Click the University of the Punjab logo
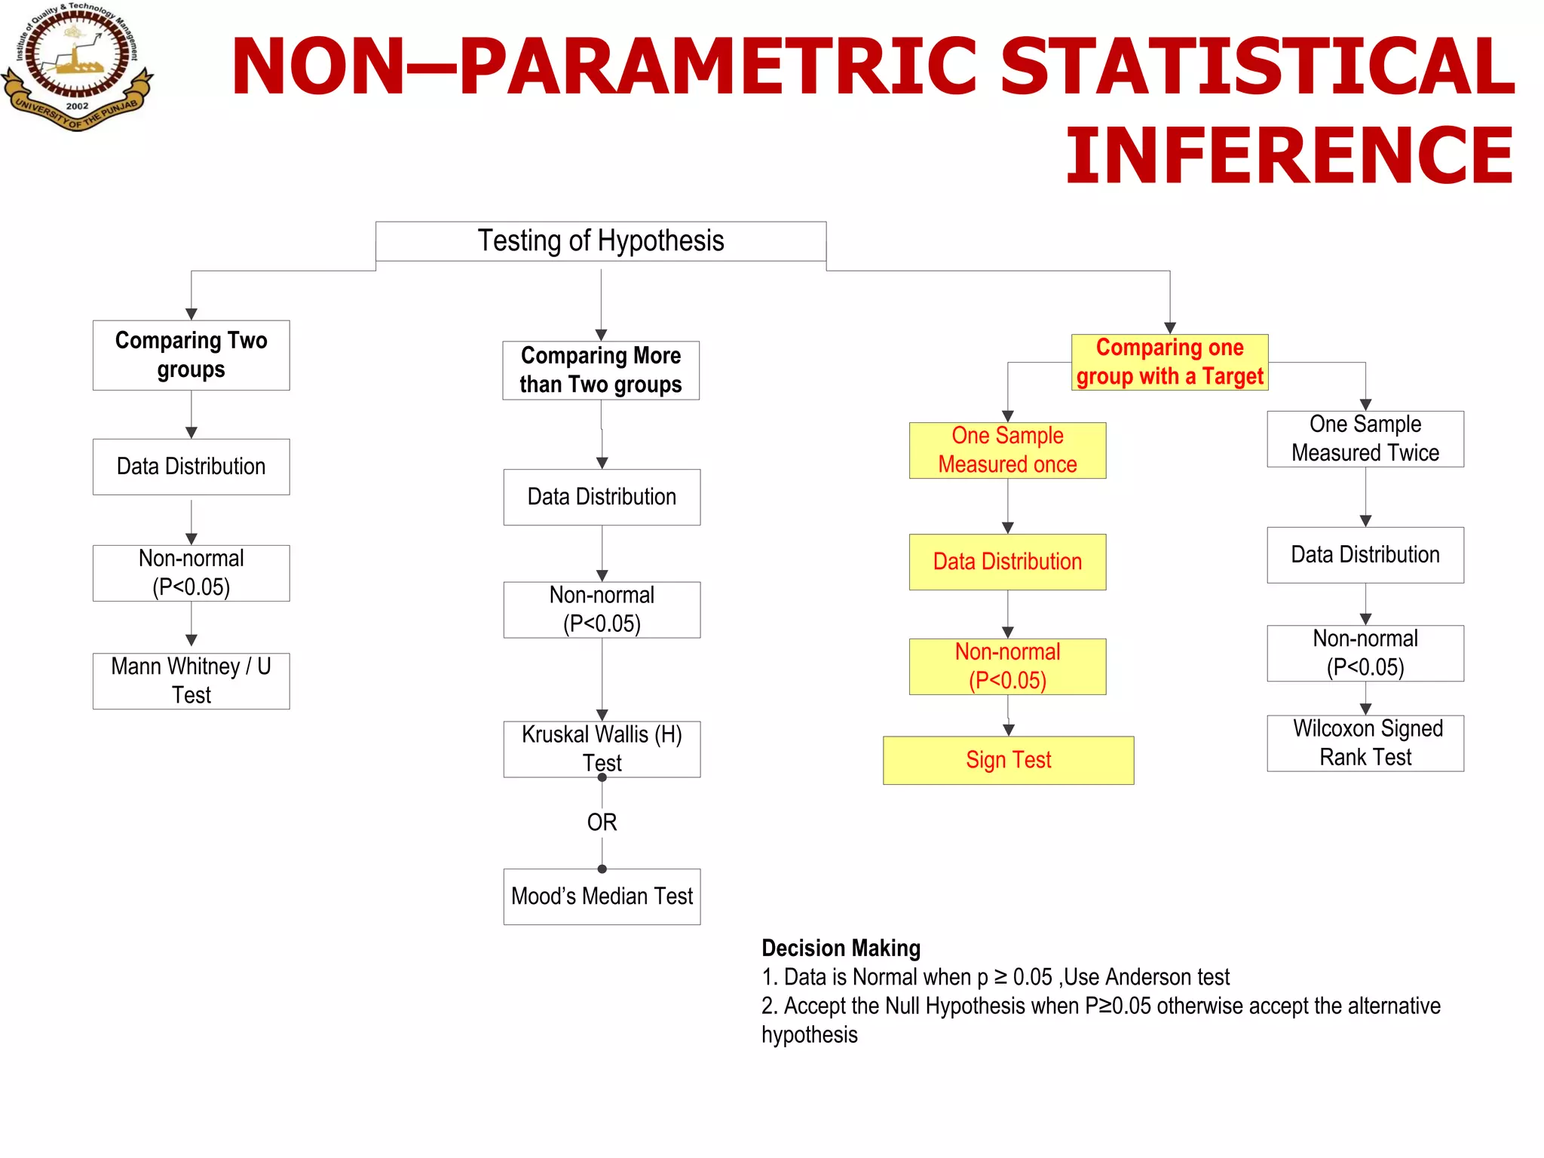tap(77, 66)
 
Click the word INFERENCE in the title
tap(1288, 156)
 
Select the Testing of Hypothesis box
tap(601, 241)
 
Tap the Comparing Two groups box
tap(191, 355)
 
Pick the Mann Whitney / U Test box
tap(191, 681)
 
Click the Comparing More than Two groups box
tap(601, 370)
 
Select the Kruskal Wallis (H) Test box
tap(602, 749)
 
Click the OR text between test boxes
tap(602, 822)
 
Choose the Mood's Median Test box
tap(602, 896)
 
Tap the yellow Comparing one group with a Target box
tap(1169, 362)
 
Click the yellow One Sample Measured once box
tap(1007, 450)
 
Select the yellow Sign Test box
tap(1008, 760)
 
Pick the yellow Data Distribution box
tap(1007, 562)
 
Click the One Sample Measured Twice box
tap(1365, 439)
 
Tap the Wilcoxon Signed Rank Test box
tap(1365, 743)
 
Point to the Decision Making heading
tap(841, 948)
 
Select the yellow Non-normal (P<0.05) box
tap(1007, 666)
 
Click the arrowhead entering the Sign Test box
tap(1009, 730)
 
